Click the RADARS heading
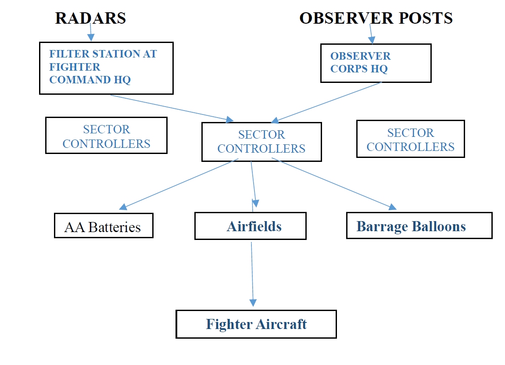[90, 18]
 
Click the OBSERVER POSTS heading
[376, 18]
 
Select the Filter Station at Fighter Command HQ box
[106, 68]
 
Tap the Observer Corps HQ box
[376, 63]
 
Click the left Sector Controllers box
[106, 135]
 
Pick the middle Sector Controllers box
[261, 142]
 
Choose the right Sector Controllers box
[410, 139]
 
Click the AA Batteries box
[103, 225]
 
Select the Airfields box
[250, 226]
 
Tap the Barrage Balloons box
[419, 225]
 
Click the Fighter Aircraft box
[256, 324]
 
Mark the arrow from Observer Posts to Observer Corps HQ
[371, 34]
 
